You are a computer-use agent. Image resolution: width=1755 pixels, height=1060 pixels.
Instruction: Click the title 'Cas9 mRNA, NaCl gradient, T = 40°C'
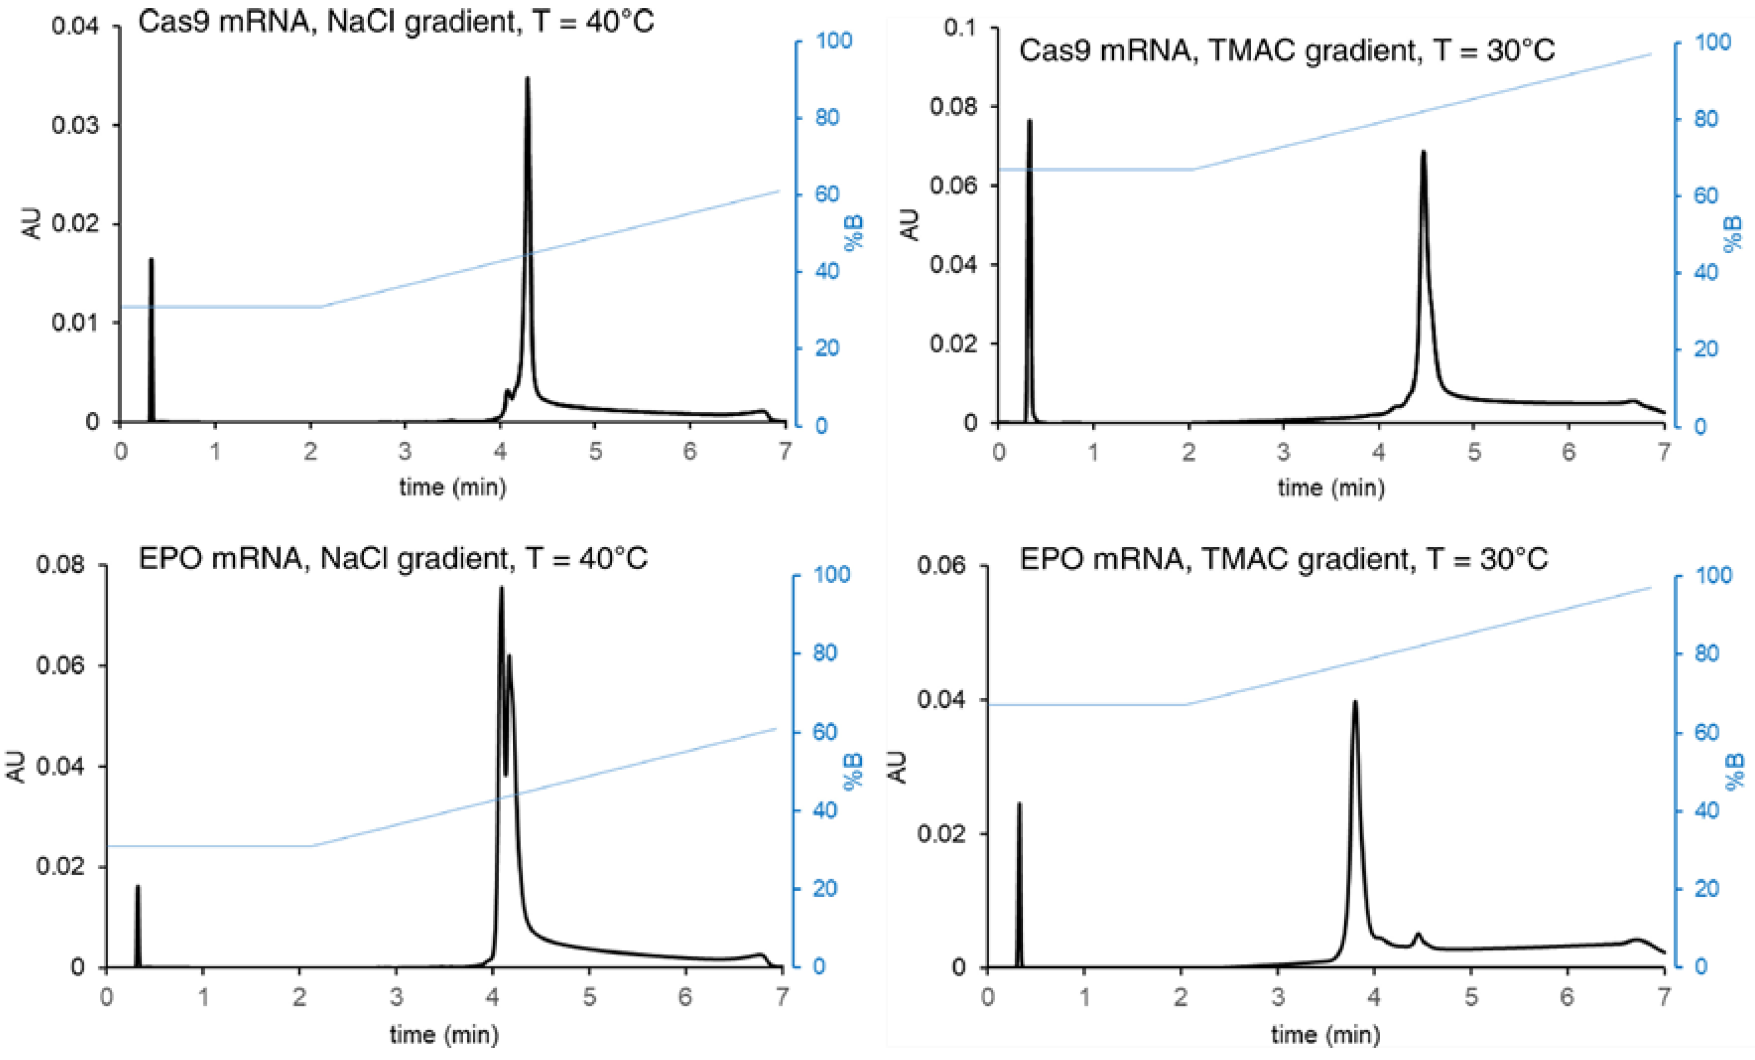tap(395, 22)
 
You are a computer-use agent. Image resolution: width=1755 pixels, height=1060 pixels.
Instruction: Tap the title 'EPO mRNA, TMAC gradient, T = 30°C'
tap(1284, 559)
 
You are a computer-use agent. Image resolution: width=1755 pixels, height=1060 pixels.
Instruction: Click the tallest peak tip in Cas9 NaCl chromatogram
tap(527, 78)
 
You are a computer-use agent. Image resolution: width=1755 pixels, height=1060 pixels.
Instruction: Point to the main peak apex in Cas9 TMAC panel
tap(1423, 152)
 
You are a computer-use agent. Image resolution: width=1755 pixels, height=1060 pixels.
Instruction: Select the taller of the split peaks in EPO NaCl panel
tap(501, 588)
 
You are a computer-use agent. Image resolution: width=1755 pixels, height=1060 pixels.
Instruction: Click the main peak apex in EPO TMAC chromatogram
tap(1355, 703)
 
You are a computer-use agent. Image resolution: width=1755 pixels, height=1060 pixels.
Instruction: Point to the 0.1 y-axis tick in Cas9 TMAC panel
tap(962, 27)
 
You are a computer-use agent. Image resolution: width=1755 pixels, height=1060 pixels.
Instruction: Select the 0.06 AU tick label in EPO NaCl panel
tap(60, 665)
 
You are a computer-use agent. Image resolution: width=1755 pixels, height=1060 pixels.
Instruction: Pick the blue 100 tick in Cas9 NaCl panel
tap(833, 41)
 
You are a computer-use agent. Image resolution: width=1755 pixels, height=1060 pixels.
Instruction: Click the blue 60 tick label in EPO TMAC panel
tap(1706, 732)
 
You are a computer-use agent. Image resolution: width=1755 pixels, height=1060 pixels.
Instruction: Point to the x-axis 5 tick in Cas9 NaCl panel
tap(595, 451)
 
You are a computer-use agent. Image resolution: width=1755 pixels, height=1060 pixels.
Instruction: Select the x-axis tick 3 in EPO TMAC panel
tap(1278, 996)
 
